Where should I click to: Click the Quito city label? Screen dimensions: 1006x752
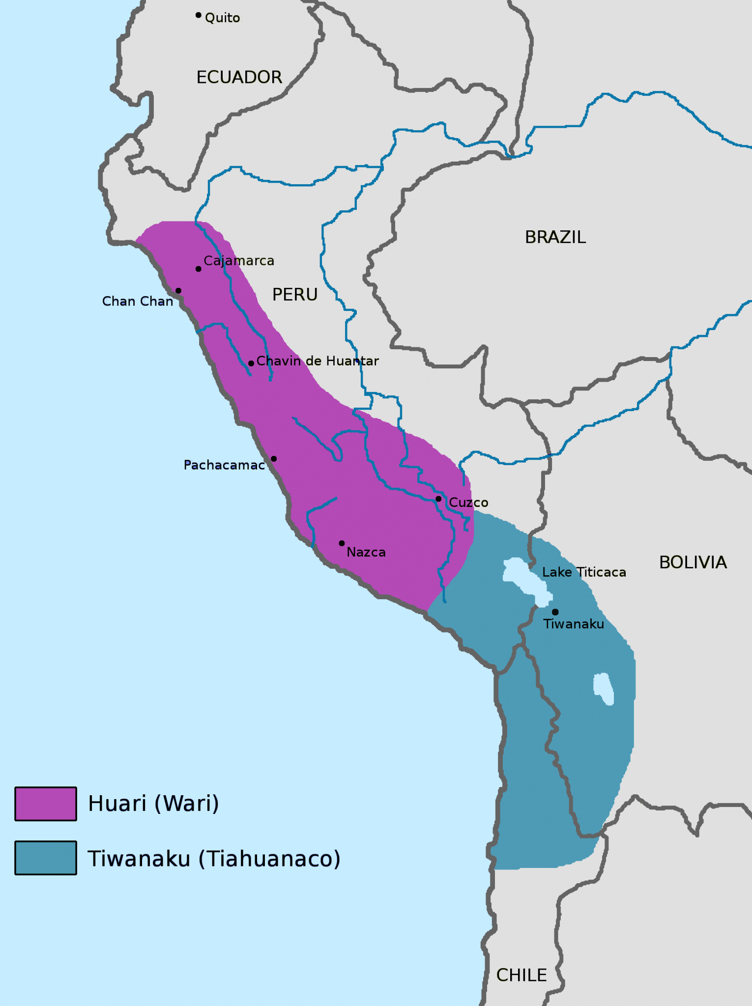point(222,18)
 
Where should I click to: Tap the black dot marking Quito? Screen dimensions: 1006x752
point(198,15)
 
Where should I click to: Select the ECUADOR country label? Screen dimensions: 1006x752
point(239,77)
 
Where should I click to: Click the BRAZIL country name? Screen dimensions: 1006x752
point(555,237)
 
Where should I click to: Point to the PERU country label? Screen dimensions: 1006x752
point(295,295)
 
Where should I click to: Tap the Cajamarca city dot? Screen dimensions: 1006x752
point(198,269)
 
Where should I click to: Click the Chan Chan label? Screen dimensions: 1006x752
point(138,301)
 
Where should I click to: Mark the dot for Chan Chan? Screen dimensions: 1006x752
point(178,291)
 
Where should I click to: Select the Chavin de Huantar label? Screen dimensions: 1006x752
point(318,361)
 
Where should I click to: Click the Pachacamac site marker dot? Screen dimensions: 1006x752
point(274,459)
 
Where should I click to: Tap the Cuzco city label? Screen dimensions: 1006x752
point(468,503)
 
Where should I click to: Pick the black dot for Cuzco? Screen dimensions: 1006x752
point(438,499)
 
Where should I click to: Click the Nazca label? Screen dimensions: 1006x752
point(366,552)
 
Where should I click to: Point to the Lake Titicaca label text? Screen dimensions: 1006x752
point(584,572)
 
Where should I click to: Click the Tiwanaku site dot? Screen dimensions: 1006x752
point(555,612)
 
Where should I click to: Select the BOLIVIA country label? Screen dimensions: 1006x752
point(693,562)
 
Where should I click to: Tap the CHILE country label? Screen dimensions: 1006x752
point(521,975)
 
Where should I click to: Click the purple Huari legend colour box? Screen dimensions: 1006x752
point(46,804)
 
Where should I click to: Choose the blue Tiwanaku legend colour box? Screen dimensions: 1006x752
point(46,858)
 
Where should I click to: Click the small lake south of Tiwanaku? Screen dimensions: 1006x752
point(604,688)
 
